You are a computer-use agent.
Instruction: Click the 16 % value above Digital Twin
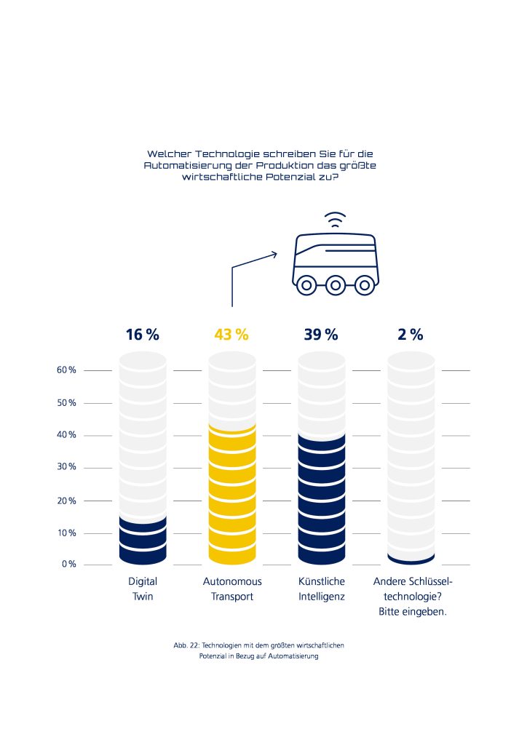(142, 335)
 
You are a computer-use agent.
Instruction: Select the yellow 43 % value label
(231, 335)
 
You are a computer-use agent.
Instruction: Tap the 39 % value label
(321, 335)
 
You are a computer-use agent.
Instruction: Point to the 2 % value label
(411, 335)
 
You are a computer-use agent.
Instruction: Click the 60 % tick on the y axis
(66, 370)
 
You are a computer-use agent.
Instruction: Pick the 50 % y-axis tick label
(66, 403)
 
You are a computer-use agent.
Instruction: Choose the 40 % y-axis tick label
(66, 435)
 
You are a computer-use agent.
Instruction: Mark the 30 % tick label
(66, 467)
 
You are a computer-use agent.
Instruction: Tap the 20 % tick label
(66, 501)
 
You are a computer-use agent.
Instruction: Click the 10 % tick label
(66, 533)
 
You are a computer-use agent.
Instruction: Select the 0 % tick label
(68, 565)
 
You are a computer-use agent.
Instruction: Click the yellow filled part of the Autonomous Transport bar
(232, 495)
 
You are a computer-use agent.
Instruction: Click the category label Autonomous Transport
(232, 589)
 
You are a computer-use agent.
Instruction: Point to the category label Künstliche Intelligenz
(322, 589)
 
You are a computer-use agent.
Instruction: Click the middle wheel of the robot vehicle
(335, 284)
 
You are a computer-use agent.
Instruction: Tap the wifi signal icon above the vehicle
(335, 219)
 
